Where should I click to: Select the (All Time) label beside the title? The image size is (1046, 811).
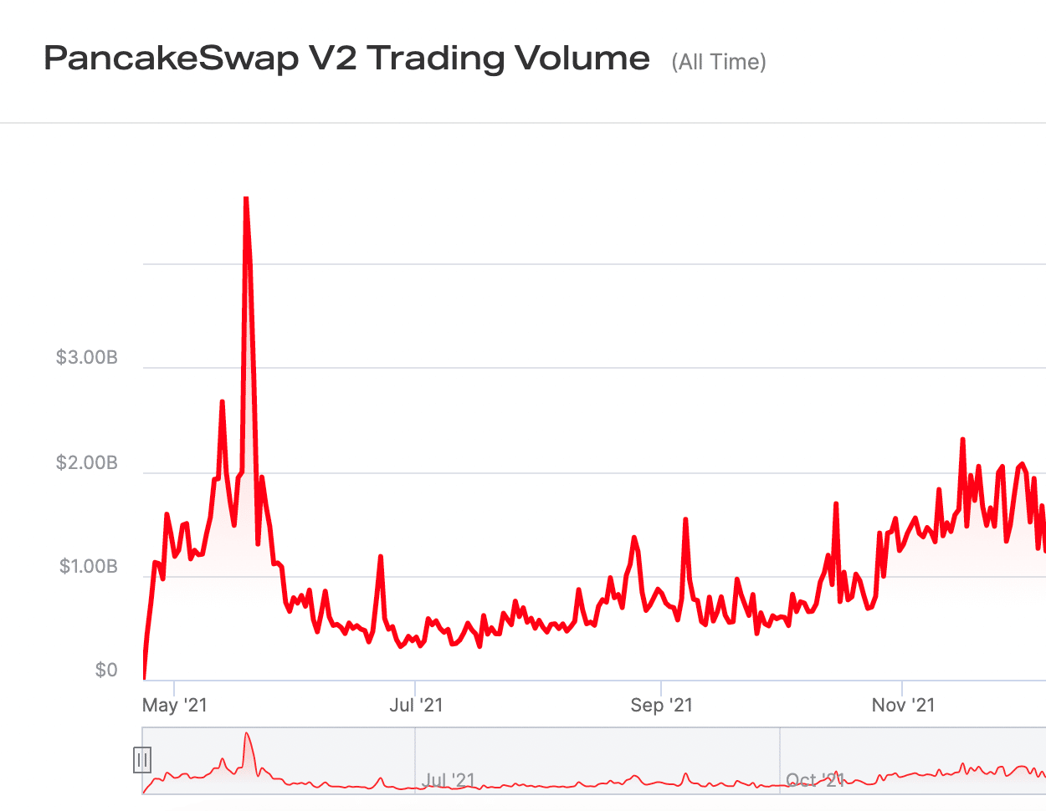point(718,62)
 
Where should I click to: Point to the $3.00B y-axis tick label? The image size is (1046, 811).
point(86,358)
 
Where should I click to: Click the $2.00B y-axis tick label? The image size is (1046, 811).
point(86,463)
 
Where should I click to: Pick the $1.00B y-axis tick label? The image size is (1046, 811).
point(88,567)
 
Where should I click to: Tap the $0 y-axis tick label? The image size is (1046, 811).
point(106,671)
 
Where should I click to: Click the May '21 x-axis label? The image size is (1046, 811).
point(174,705)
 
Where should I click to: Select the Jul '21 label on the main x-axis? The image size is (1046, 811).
point(416,705)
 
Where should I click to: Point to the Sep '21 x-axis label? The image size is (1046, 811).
point(661,705)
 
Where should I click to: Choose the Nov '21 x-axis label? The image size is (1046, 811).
point(903,705)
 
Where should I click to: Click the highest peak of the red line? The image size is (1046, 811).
point(246,199)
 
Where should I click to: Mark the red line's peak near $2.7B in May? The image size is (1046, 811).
point(222,402)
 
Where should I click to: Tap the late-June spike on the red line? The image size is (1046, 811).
point(381,557)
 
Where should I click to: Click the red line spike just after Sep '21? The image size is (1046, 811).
point(685,520)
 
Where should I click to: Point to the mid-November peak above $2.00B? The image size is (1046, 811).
point(963,440)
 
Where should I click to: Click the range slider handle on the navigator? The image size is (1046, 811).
point(142,760)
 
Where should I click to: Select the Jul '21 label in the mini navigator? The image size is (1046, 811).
point(449,780)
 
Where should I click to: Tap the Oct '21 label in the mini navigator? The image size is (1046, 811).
point(814,780)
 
